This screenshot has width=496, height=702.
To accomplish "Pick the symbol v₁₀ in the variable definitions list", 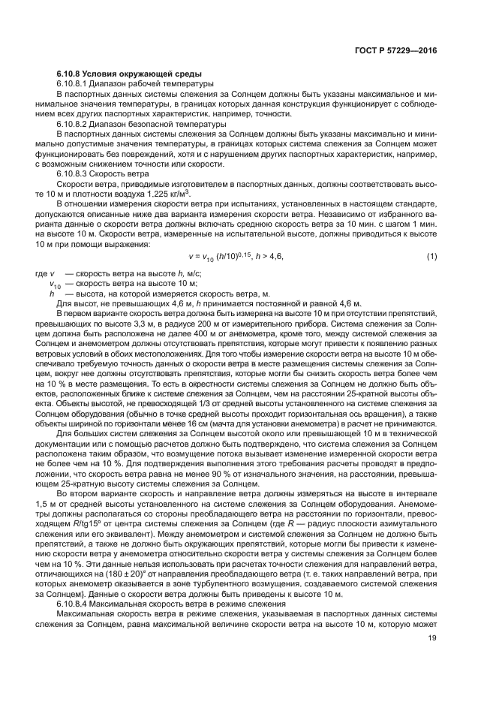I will coord(56,285).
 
